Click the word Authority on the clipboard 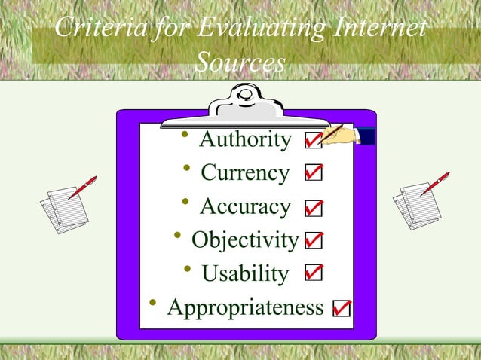point(244,140)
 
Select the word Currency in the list point(244,173)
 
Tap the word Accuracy point(244,206)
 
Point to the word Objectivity point(245,240)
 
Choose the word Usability point(244,273)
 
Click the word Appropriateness point(244,307)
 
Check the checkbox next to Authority point(313,142)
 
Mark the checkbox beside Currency point(314,174)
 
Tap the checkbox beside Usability point(314,273)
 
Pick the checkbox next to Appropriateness point(342,308)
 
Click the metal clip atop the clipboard point(245,106)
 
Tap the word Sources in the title point(240,63)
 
